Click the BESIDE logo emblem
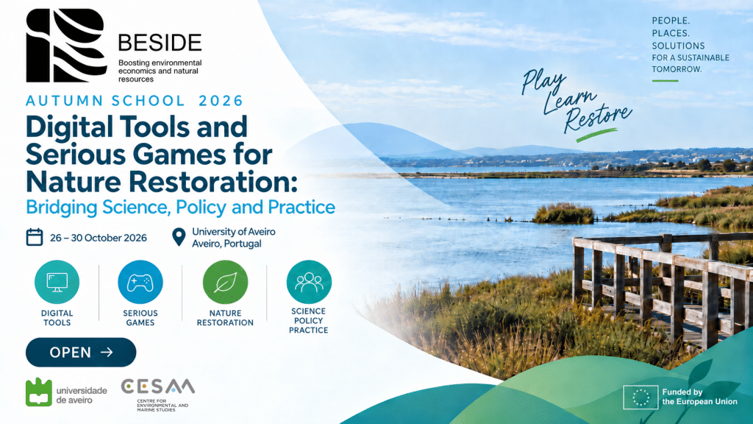coord(66,45)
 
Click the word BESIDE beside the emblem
coord(160,43)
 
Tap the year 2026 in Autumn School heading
coord(221,100)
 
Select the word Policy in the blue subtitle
coord(201,207)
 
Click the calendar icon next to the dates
coord(35,237)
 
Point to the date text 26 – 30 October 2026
coord(99,238)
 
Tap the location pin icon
coord(179,237)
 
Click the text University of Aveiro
coord(234,231)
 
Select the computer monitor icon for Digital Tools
coord(57,282)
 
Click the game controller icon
coord(140,282)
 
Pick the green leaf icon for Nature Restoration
coord(225,282)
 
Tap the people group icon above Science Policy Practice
coord(309,282)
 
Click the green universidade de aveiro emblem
coord(38,392)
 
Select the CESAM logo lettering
coord(157,386)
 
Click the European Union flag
coord(640,397)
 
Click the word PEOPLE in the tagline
coord(671,21)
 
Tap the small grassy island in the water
coord(563,213)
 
